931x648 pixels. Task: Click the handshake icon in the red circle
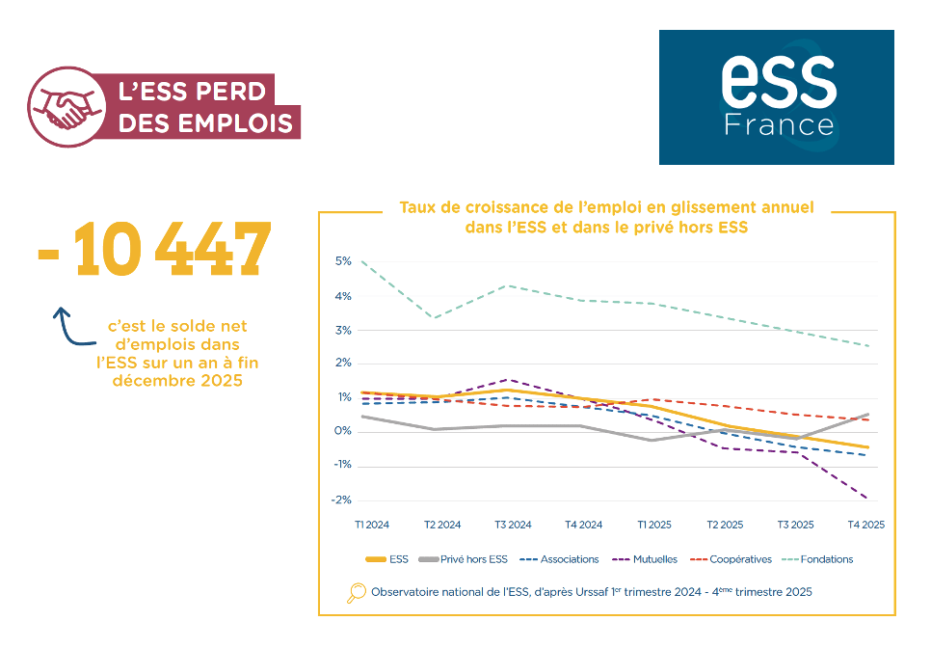(65, 106)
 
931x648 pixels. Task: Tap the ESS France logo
(776, 96)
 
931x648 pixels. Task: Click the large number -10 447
(154, 250)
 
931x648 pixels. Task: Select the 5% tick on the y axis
(343, 261)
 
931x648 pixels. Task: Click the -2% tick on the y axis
(342, 500)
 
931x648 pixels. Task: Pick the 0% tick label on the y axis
(343, 432)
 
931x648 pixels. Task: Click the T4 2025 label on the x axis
(865, 526)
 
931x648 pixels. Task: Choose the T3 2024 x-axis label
(513, 526)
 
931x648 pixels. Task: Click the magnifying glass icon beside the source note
(357, 593)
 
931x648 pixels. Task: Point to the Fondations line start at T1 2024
(362, 261)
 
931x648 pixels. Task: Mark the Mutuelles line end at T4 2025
(867, 499)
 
